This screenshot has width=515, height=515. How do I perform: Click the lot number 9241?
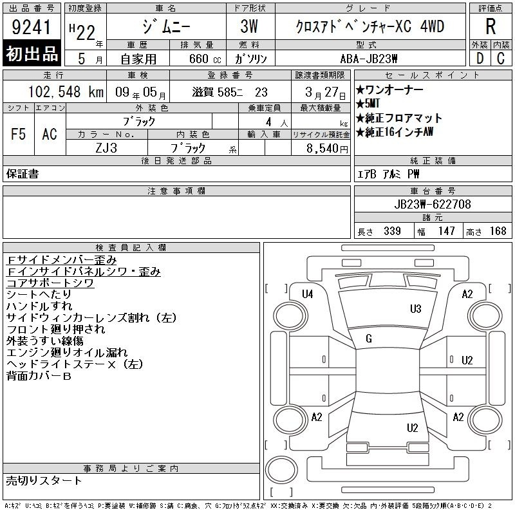[31, 27]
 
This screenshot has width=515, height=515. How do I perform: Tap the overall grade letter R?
[491, 26]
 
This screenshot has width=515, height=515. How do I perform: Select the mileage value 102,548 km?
[66, 91]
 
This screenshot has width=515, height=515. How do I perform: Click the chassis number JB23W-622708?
[433, 204]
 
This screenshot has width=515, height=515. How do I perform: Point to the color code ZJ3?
[106, 148]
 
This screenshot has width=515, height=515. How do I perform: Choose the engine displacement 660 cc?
[205, 59]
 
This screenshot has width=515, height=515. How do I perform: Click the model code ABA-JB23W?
[369, 59]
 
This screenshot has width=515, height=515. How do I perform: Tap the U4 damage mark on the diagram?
[308, 294]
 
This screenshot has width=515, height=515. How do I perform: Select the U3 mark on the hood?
[415, 309]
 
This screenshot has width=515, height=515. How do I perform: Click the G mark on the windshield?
[369, 339]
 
